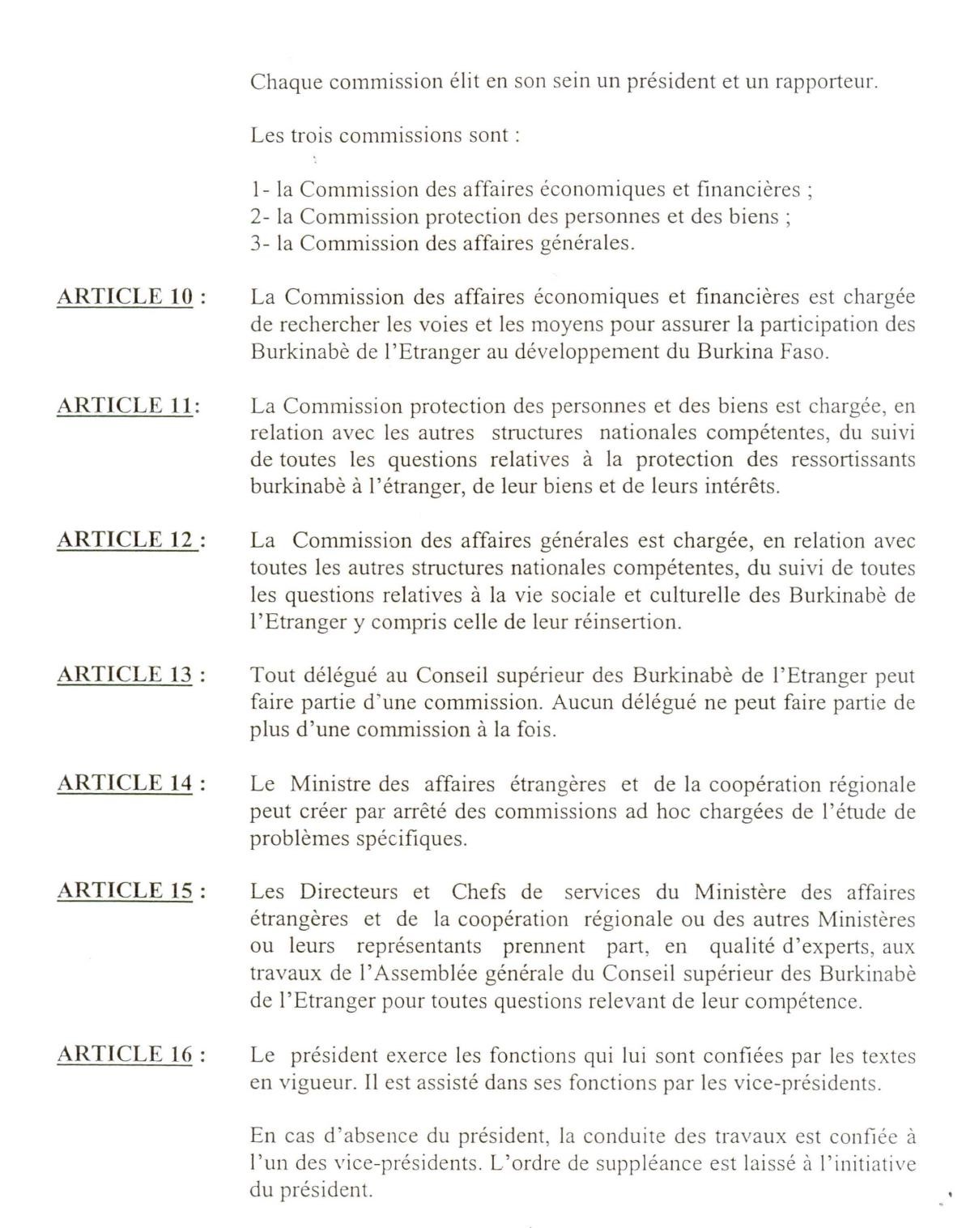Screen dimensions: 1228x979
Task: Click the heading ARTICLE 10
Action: pyautogui.click(x=125, y=296)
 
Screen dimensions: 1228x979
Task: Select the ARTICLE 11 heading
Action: pyautogui.click(x=125, y=405)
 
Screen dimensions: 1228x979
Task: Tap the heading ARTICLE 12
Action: pyautogui.click(x=125, y=539)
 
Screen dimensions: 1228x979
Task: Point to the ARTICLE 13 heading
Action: pyautogui.click(x=125, y=675)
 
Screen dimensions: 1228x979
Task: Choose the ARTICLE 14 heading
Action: pyautogui.click(x=125, y=783)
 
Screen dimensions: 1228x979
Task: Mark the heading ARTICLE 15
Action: pyautogui.click(x=125, y=892)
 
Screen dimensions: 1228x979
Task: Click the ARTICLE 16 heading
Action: pyautogui.click(x=125, y=1054)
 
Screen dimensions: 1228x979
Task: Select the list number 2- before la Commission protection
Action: pyautogui.click(x=261, y=217)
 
